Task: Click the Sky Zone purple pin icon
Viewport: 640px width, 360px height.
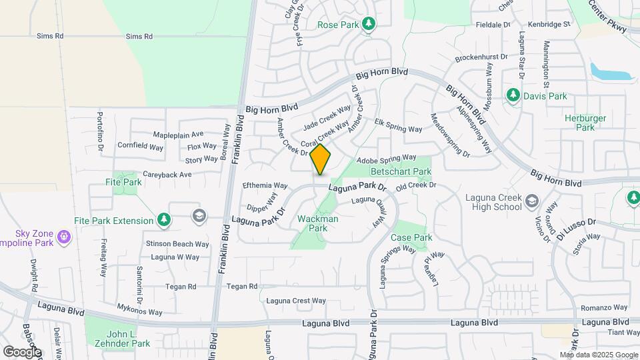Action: [x=63, y=235]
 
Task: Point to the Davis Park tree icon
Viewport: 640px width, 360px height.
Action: [x=513, y=96]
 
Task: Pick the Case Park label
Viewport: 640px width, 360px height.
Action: [x=411, y=237]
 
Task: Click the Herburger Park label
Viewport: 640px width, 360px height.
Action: [x=585, y=123]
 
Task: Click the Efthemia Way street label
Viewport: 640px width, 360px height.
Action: [x=265, y=185]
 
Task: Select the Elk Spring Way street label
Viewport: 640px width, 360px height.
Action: [x=399, y=125]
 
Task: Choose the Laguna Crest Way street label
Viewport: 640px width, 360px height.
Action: [x=296, y=301]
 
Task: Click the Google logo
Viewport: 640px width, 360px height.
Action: [x=22, y=351]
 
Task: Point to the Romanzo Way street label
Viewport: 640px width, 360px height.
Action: [x=604, y=307]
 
